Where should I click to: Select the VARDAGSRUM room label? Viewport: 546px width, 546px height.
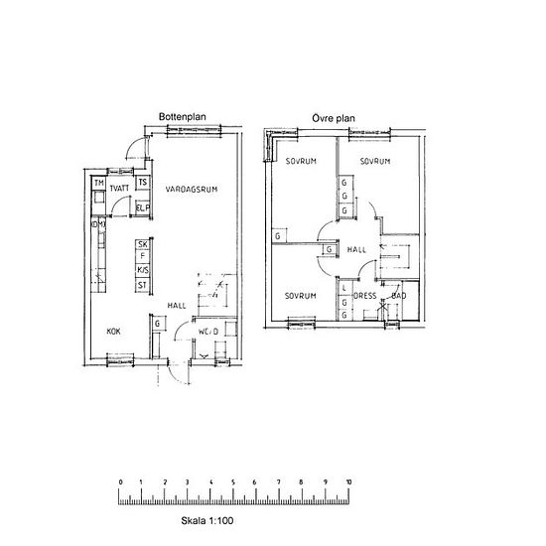point(192,188)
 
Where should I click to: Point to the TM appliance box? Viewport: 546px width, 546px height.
point(99,185)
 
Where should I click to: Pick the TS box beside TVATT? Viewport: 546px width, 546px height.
point(143,184)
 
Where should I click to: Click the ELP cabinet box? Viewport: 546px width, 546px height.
point(143,207)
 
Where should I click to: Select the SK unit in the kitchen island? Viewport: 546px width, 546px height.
point(143,244)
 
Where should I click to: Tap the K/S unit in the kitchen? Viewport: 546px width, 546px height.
point(143,271)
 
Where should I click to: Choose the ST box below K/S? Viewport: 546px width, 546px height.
point(143,286)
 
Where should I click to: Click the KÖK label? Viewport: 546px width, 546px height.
point(114,334)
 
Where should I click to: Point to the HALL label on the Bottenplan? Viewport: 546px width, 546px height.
point(177,306)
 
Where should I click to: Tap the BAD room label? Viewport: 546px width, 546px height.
point(398,296)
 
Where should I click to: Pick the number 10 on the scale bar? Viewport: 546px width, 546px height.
point(348,482)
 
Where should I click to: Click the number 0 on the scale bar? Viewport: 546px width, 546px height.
point(120,482)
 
